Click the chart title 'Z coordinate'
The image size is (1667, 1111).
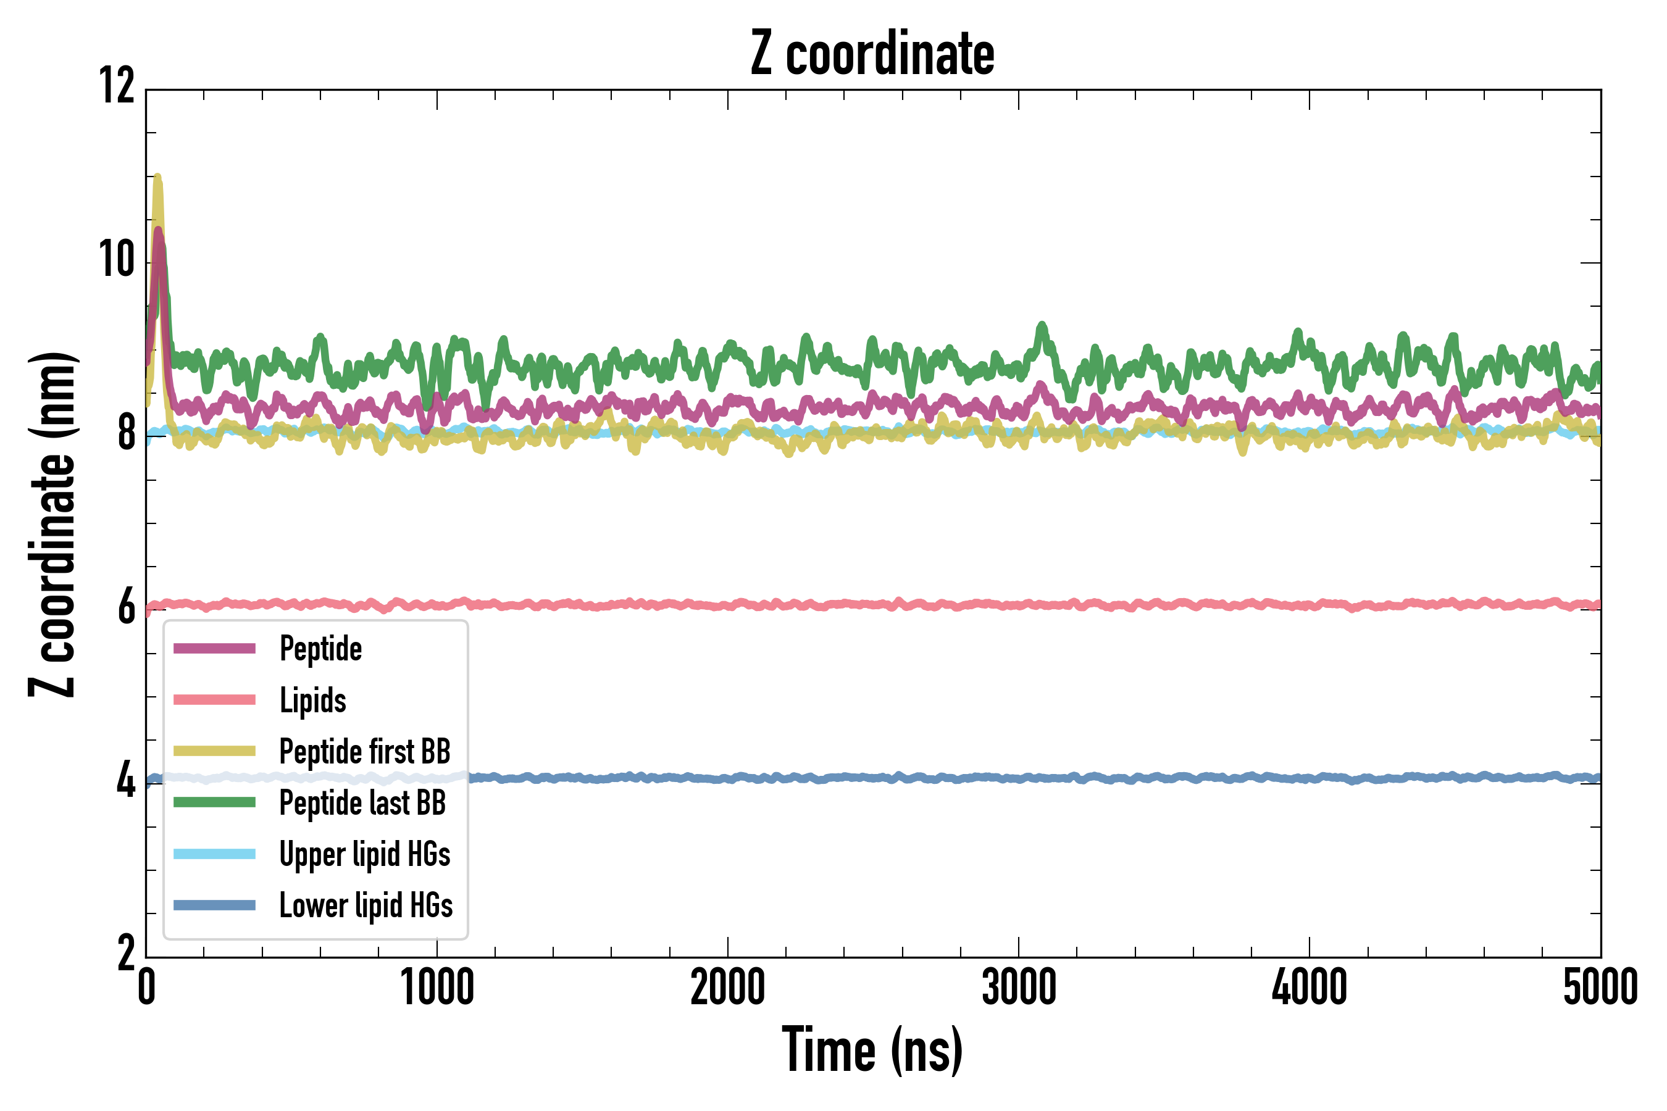[872, 54]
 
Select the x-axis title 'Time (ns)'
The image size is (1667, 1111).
[872, 1050]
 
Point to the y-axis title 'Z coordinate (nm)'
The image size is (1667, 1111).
[52, 524]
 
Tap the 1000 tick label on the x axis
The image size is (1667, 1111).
[437, 987]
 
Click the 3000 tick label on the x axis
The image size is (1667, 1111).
[1019, 987]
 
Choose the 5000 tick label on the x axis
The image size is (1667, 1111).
[1600, 987]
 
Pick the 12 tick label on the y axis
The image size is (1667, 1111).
[117, 86]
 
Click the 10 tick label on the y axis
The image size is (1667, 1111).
[117, 259]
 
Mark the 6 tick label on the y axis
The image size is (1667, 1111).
[126, 608]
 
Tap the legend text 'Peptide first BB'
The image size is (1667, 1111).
[364, 752]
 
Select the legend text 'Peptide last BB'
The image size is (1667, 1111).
[362, 803]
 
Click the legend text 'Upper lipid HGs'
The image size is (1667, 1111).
[364, 854]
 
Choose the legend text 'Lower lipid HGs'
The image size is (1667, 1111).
[366, 905]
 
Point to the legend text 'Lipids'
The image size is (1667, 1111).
[312, 700]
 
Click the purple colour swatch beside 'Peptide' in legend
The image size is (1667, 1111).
[214, 648]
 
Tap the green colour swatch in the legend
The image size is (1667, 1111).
[214, 802]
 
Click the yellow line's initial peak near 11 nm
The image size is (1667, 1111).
[157, 177]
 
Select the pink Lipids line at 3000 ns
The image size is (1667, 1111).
[1019, 604]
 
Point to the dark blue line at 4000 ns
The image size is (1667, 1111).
[1309, 778]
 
